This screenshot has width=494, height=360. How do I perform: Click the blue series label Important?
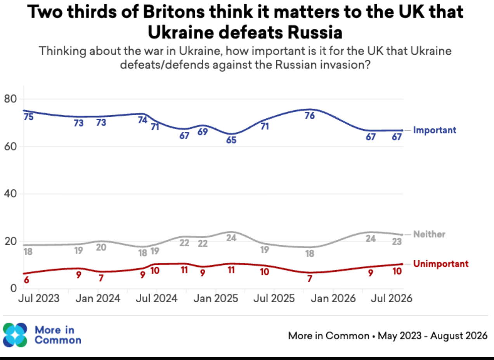point(435,130)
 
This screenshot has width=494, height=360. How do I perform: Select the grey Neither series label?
point(429,234)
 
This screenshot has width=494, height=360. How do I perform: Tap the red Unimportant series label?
point(440,264)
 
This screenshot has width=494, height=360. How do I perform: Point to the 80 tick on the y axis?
point(10,99)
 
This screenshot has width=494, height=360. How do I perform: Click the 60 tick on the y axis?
point(10,147)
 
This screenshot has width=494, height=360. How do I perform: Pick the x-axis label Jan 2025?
point(216,298)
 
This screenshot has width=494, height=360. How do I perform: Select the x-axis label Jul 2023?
point(39,298)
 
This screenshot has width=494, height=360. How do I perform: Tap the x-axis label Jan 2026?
point(333,298)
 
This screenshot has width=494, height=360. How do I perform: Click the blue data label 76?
point(310,116)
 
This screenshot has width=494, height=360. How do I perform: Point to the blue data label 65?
point(231,140)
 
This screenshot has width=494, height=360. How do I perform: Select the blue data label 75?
point(29,117)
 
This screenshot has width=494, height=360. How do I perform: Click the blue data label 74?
point(142,120)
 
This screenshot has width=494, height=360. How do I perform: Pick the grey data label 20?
point(101,247)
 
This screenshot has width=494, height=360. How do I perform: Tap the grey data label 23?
point(397,242)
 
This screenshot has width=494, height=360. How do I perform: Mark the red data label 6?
point(26,280)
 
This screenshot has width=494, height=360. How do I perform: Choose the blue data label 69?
point(203,132)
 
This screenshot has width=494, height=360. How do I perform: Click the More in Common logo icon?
point(15,335)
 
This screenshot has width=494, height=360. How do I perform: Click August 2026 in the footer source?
point(459,336)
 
